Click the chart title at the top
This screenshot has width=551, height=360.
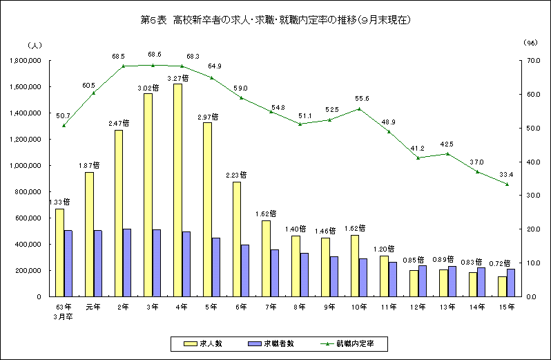(x=275, y=20)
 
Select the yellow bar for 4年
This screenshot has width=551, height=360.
(x=177, y=190)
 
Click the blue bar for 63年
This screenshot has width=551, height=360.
(x=68, y=263)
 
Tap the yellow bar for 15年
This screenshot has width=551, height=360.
(x=502, y=286)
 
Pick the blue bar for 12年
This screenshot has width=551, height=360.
(x=422, y=281)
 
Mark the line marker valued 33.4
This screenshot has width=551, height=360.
(x=506, y=184)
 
